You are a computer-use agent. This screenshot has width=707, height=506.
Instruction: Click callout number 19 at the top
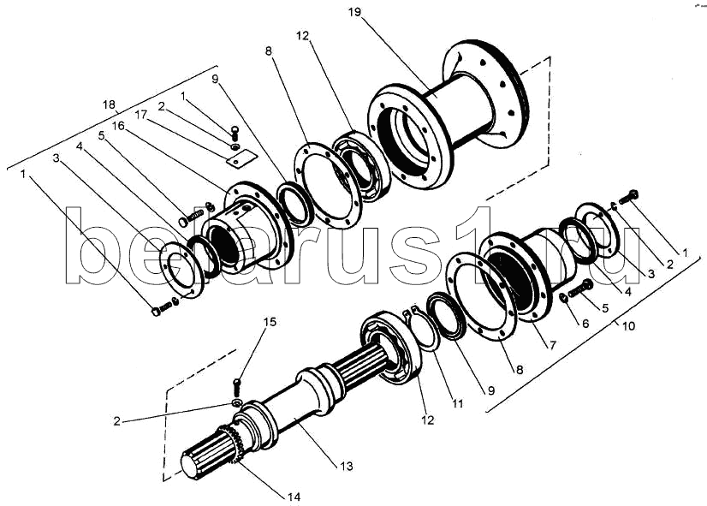(x=354, y=12)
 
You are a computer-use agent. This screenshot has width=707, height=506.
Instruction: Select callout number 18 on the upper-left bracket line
(x=109, y=105)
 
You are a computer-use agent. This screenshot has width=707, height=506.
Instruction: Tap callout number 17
(x=141, y=115)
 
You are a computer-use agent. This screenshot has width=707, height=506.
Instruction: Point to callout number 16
(x=119, y=125)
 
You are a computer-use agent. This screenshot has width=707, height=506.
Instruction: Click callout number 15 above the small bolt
(x=270, y=322)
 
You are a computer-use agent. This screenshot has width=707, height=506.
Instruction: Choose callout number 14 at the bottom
(x=294, y=497)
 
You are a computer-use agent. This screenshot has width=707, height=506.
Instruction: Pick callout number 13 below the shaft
(x=347, y=466)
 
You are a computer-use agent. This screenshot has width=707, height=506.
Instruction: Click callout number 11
(x=457, y=403)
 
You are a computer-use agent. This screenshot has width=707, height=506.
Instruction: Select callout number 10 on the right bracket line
(x=628, y=325)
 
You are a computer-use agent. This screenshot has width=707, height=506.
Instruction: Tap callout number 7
(x=552, y=345)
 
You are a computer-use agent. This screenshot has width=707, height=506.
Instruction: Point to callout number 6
(x=585, y=323)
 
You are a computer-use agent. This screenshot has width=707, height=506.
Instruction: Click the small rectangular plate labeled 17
(x=241, y=158)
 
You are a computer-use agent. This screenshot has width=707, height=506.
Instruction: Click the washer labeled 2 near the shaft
(x=237, y=402)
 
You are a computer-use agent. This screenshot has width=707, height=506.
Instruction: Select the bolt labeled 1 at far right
(x=629, y=197)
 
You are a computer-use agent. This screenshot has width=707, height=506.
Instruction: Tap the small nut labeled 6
(x=563, y=298)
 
